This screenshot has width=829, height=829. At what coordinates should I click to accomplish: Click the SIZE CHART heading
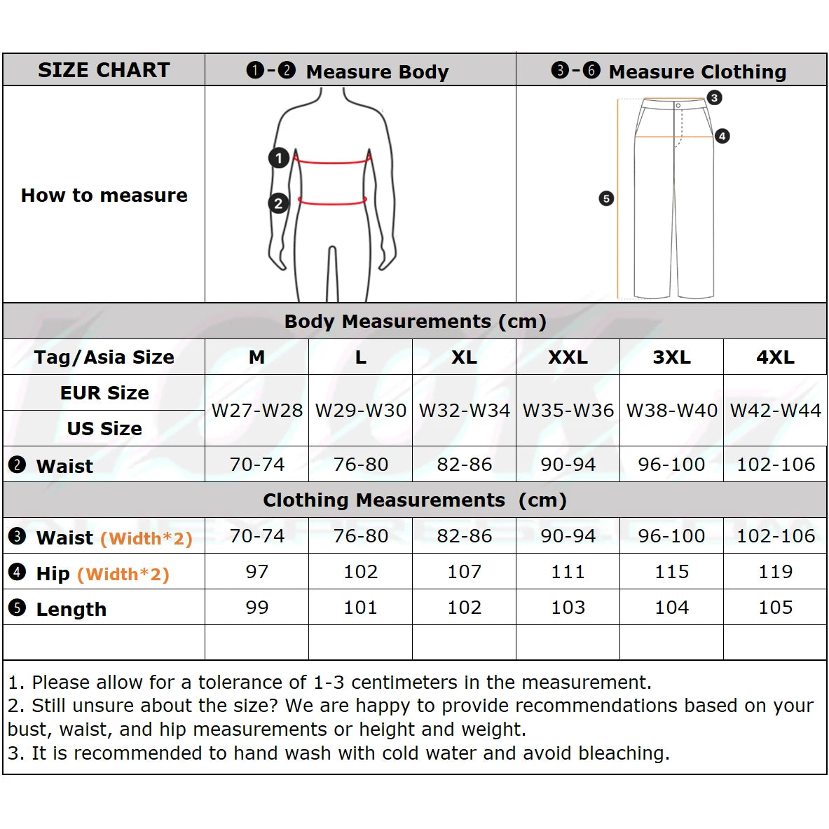point(104,70)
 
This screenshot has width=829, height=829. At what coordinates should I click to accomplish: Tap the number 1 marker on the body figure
point(279,158)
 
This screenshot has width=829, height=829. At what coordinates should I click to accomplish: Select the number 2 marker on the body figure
point(279,203)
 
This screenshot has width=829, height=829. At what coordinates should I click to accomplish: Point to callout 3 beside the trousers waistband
point(714,97)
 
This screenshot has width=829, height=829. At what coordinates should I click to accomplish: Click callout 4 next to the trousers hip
point(722,136)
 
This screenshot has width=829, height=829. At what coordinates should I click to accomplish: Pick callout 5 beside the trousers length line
point(606,199)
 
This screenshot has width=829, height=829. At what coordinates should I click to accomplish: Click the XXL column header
point(568,357)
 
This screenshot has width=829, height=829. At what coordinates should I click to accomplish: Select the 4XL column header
point(775,357)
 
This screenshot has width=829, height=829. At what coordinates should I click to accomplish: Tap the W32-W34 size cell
point(464,411)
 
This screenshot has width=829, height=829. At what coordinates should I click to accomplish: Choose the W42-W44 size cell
point(775,411)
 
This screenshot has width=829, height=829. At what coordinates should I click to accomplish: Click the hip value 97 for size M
point(256,572)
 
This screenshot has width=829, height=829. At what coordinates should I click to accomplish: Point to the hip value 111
point(568,572)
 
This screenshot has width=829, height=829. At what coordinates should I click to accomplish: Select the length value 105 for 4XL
point(775,608)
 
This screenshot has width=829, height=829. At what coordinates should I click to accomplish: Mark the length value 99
point(256,608)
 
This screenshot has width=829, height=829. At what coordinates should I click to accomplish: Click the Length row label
point(71,609)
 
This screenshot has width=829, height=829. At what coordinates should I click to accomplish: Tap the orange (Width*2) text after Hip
point(123,575)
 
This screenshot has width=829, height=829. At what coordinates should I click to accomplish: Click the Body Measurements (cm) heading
point(415,322)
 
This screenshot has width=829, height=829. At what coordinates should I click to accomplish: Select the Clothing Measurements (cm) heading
point(415,500)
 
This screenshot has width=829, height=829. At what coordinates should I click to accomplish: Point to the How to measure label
point(104,196)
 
